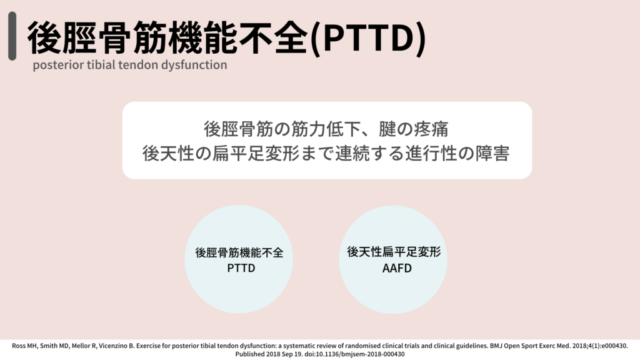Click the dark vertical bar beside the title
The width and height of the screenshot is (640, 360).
click(12, 36)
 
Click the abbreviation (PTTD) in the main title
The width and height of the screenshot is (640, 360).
click(367, 37)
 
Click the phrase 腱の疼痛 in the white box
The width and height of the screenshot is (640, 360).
click(414, 129)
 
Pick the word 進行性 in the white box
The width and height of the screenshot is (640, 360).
click(431, 154)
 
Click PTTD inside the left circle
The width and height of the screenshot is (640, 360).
click(241, 268)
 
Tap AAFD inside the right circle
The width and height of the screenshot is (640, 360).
click(397, 268)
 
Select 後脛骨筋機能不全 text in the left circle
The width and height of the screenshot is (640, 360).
click(239, 252)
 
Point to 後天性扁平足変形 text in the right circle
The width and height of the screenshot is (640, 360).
click(394, 252)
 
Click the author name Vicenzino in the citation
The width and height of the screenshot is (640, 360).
click(114, 346)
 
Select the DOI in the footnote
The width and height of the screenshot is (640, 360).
click(355, 354)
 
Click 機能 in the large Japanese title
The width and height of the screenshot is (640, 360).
click(203, 37)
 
